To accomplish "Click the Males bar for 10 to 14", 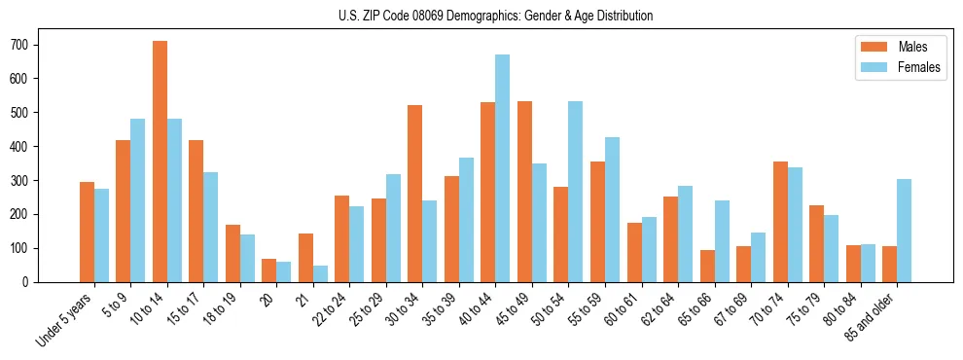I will pyautogui.click(x=160, y=162).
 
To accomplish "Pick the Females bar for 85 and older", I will pyautogui.click(x=904, y=231).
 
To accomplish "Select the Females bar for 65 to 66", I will pyautogui.click(x=722, y=241).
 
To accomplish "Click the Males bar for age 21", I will pyautogui.click(x=305, y=258).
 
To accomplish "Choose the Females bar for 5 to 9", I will pyautogui.click(x=138, y=200).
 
